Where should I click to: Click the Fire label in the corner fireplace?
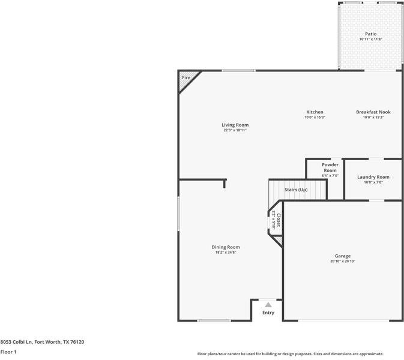186,77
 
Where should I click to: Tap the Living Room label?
235,125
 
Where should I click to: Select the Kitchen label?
315,112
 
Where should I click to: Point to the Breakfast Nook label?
373,112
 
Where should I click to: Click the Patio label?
371,34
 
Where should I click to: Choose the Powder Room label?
330,167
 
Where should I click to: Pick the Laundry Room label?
373,177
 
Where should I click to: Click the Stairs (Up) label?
296,190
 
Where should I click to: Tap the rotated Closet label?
279,220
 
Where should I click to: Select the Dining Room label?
226,247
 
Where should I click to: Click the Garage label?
343,256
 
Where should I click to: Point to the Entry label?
268,313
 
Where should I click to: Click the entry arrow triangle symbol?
268,305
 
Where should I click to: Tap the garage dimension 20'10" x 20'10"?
343,262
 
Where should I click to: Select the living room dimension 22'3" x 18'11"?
235,130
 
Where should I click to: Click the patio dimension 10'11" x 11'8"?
371,40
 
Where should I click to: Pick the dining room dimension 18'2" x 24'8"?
226,253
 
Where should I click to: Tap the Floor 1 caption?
8,352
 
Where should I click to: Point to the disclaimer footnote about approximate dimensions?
291,354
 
